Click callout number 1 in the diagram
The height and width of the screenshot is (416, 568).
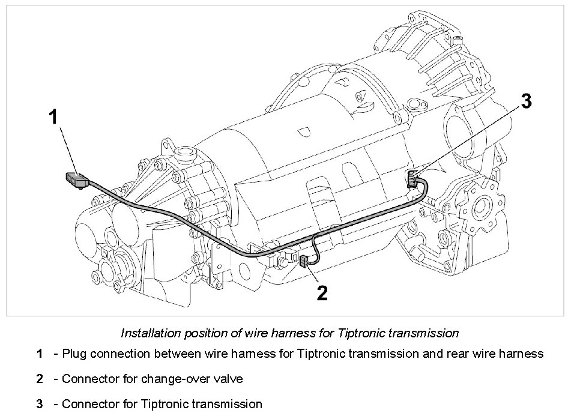pos(53,117)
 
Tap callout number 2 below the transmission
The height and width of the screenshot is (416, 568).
pos(322,293)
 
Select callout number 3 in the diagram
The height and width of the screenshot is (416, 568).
pos(526,101)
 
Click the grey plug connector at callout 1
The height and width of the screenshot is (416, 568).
pos(76,179)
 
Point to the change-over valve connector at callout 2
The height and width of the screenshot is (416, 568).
pos(304,261)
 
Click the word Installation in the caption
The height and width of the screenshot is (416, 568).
pos(148,333)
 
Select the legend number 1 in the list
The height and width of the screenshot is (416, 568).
pos(39,354)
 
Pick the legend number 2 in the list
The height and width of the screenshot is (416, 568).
pos(39,379)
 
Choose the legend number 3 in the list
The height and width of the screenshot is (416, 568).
pos(39,404)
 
